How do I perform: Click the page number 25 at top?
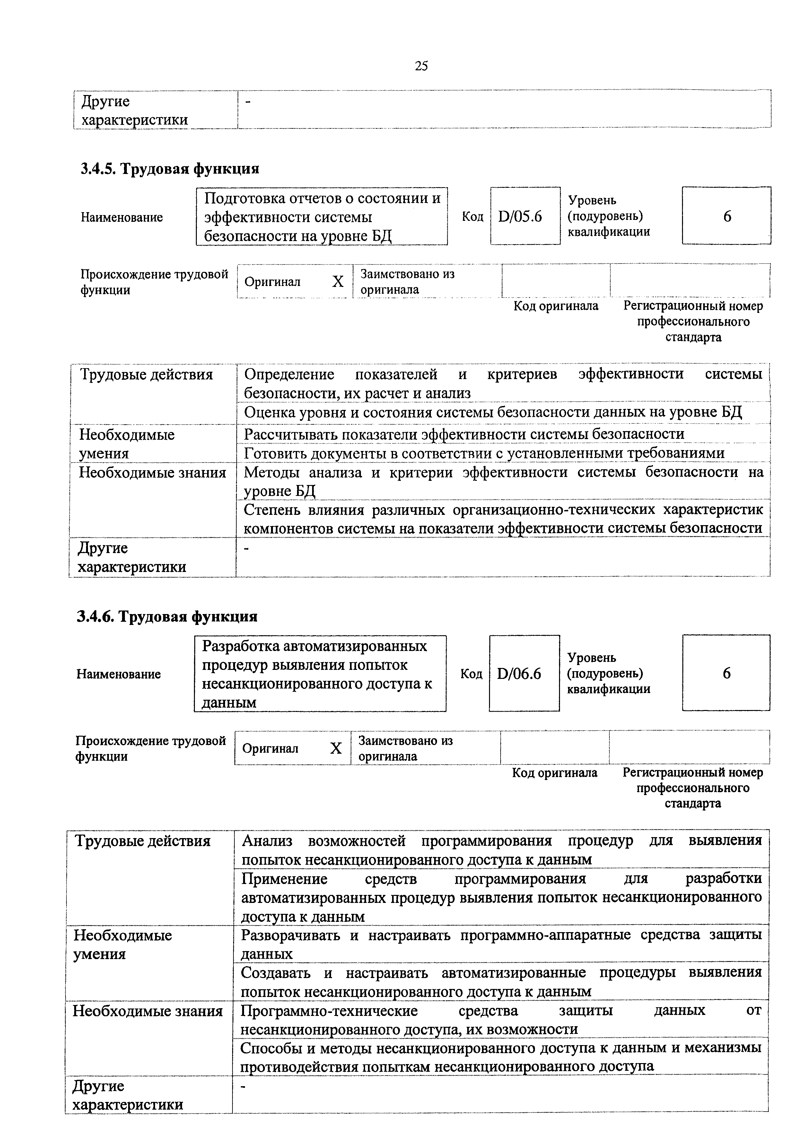pos(421,66)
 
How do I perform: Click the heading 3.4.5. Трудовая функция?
pos(170,169)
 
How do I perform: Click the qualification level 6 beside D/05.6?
pos(727,216)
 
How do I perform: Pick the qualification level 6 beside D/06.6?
pos(726,673)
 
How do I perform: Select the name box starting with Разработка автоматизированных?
pos(320,674)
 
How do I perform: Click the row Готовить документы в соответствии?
pos(484,453)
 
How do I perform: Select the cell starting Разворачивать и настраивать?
pos(500,944)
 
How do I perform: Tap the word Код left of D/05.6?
pos(472,217)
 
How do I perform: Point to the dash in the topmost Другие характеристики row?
pos(248,102)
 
